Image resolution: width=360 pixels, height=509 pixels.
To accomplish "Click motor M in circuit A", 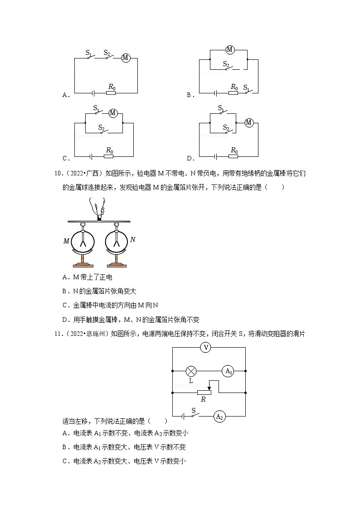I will pos(126,58).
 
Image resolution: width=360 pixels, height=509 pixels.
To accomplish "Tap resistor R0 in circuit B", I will pos(234,93).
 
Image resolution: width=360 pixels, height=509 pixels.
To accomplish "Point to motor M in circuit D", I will pos(248,122).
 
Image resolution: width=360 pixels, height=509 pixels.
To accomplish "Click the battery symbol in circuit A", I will pos(93,93).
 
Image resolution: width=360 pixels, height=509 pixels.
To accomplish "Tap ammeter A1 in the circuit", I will pos(228,371).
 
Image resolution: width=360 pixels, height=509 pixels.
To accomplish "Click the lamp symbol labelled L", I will pos(191,371).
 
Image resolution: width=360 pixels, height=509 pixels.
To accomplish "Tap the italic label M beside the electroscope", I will pos(66,241).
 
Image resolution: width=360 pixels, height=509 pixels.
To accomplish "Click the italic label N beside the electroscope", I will pos(132,240).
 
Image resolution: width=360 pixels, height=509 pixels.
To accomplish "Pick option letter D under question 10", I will pos(65,320).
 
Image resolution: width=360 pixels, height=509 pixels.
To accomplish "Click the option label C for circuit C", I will pos(65,159).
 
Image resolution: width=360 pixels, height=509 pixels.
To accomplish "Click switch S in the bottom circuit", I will pos(194,415).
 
